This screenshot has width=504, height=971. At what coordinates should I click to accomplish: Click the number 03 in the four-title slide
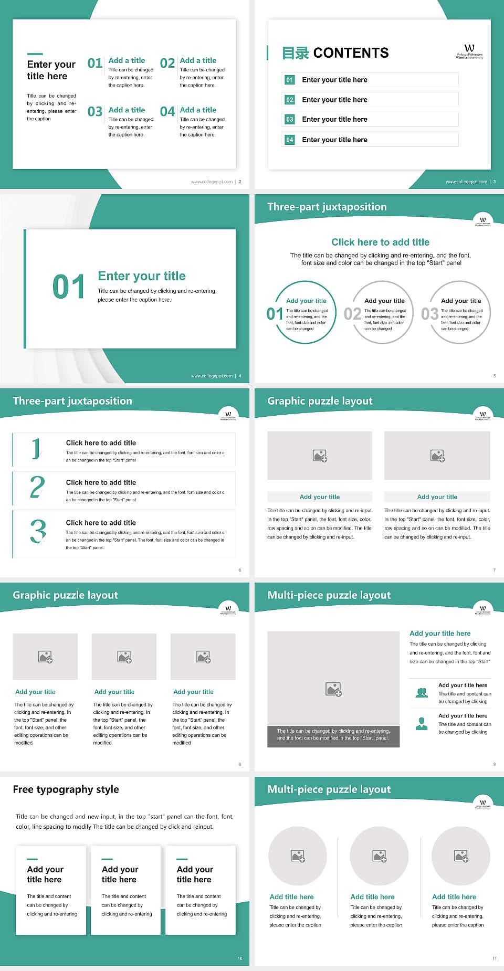95,112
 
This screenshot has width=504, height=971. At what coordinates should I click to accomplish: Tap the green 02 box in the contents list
290,100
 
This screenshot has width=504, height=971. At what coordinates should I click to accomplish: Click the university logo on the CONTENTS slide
469,51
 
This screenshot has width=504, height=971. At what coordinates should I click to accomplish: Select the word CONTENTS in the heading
351,53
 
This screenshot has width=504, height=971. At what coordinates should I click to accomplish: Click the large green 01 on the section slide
68,287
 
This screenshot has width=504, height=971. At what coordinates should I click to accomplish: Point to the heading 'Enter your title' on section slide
142,276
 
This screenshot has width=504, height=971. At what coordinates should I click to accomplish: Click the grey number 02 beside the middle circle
352,314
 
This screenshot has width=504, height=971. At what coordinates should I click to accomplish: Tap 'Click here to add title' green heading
380,242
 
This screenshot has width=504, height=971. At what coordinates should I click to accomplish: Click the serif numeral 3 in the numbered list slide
38,531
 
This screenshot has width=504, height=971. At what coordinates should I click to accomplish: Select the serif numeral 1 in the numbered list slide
36,449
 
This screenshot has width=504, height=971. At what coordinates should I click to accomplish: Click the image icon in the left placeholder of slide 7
320,456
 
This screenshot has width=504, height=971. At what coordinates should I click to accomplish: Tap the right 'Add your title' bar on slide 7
437,497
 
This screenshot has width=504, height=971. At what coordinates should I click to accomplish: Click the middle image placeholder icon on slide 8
124,657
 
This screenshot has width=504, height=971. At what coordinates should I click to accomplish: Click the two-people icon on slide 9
422,693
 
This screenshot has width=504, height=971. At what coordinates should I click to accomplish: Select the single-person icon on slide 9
422,724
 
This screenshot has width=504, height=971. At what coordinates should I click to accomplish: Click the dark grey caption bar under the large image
333,734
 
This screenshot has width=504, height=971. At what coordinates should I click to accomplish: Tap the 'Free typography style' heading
66,789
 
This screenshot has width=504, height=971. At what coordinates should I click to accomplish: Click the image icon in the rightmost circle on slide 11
461,857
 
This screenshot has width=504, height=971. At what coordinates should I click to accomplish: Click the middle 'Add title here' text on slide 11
372,897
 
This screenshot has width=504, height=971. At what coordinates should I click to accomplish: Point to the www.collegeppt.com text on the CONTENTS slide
466,182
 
